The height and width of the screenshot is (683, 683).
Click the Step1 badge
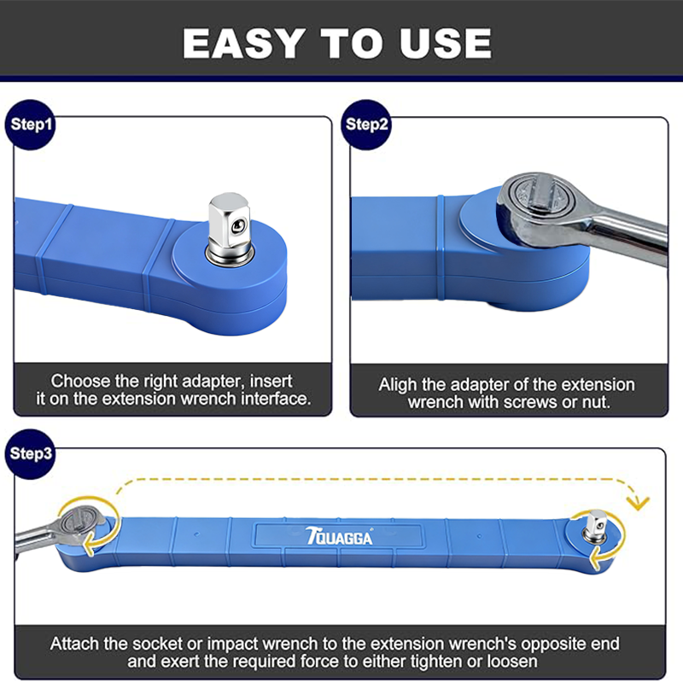(30, 125)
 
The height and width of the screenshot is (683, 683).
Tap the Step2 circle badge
(366, 125)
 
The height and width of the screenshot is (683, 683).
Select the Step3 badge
(30, 454)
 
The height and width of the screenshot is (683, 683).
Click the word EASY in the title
(243, 44)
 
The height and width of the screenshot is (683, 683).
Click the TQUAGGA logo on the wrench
(339, 536)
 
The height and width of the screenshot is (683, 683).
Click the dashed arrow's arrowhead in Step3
(638, 503)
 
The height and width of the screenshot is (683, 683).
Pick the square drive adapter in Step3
(596, 526)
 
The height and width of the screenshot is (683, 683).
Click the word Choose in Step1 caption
(80, 382)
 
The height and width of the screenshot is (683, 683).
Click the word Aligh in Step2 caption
(398, 385)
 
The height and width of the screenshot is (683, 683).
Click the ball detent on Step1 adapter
(238, 225)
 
